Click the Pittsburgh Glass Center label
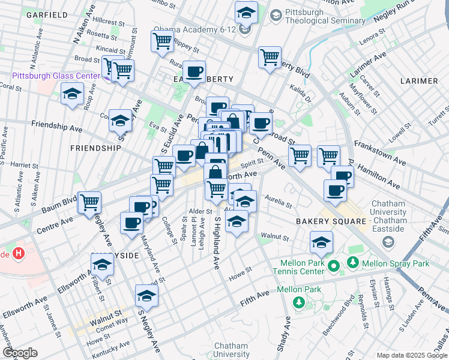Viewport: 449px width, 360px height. [56, 76]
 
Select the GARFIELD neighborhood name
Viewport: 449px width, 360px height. [47, 14]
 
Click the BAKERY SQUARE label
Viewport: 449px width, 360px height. [331, 221]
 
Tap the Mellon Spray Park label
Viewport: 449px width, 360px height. [396, 263]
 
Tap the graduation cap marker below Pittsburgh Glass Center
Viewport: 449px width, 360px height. [72, 94]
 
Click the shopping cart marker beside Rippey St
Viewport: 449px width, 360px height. [163, 41]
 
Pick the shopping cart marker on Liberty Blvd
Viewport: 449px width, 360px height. [270, 58]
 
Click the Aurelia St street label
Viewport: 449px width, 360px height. [278, 205]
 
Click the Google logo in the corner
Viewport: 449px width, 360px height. [20, 353]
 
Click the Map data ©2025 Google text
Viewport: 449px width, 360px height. [411, 355]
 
